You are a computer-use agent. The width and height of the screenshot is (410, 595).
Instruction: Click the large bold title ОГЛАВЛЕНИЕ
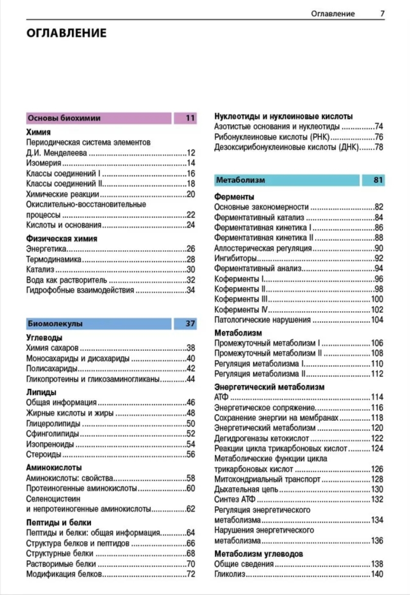[66, 33]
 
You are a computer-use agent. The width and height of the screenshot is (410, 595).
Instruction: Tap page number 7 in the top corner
[382, 14]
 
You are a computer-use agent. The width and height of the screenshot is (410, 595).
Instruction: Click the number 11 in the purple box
[190, 118]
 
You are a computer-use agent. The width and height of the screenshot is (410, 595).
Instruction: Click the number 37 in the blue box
[190, 324]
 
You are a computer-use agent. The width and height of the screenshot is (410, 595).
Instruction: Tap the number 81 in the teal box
[378, 180]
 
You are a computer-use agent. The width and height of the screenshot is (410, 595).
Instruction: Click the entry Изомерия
[44, 163]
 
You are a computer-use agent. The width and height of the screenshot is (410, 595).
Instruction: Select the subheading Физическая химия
[61, 239]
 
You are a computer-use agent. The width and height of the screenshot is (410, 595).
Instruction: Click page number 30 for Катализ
[191, 270]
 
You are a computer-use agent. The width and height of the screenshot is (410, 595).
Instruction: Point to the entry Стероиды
[44, 455]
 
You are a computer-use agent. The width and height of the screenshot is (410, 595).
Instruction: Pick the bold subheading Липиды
[41, 392]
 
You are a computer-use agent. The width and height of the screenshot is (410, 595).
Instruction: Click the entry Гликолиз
[230, 574]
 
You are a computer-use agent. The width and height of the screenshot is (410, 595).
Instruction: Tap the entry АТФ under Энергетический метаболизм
[221, 398]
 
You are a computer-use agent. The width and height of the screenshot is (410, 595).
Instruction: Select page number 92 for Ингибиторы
[379, 259]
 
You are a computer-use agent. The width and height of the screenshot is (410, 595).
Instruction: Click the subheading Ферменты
[234, 197]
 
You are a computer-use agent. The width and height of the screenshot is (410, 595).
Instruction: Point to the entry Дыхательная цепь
[246, 489]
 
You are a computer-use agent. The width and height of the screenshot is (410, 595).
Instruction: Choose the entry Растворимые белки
[61, 564]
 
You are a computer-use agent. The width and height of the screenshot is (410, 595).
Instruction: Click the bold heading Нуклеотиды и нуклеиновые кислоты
[283, 117]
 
